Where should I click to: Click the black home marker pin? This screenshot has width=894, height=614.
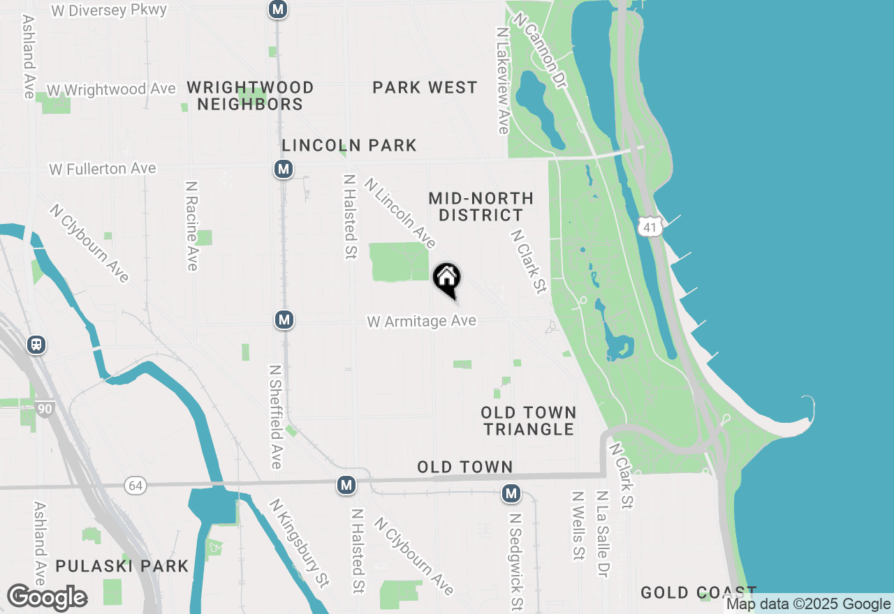coord(447,279)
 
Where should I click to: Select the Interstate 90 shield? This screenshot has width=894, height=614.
coord(43,410)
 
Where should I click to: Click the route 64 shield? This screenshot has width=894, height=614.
coord(135,485)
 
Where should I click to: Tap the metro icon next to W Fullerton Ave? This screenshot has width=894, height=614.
coord(283,170)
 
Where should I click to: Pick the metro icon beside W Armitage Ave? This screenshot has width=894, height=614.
coord(284,320)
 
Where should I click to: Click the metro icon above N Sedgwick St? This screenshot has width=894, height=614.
coord(512,494)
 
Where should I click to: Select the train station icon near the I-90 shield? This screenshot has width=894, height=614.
coord(36,345)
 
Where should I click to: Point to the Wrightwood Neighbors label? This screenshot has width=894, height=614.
coord(250,96)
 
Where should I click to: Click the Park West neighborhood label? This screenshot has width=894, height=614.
coord(425,88)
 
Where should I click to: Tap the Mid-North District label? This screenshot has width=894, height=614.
coord(481,207)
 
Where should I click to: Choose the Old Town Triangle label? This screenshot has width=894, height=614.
coord(529,421)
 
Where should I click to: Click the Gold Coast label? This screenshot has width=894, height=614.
coord(698,593)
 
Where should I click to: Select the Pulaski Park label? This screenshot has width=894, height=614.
coord(122,566)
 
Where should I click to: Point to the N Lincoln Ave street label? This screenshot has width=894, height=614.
coord(400,213)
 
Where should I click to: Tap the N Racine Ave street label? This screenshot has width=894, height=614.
coord(192,226)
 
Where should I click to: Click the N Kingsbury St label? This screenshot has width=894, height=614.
coord(300,542)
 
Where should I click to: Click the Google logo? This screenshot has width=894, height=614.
coord(47,598)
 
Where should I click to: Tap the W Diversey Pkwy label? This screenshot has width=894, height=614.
coord(110,10)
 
